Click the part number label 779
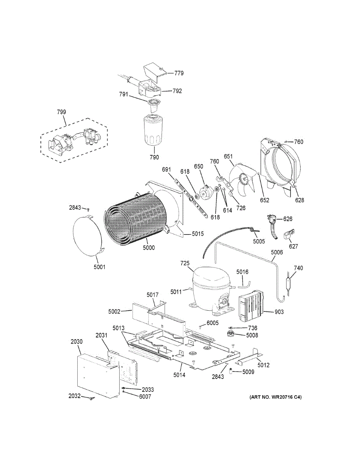(179, 73)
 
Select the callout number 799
(61, 112)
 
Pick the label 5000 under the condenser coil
(148, 247)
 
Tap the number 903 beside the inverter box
(279, 312)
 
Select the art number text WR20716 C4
(275, 397)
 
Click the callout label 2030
(77, 341)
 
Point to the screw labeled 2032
(92, 399)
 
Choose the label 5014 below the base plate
(179, 375)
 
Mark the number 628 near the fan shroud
(299, 200)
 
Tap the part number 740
(298, 268)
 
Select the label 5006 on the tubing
(277, 252)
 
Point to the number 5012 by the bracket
(263, 365)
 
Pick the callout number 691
(167, 169)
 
